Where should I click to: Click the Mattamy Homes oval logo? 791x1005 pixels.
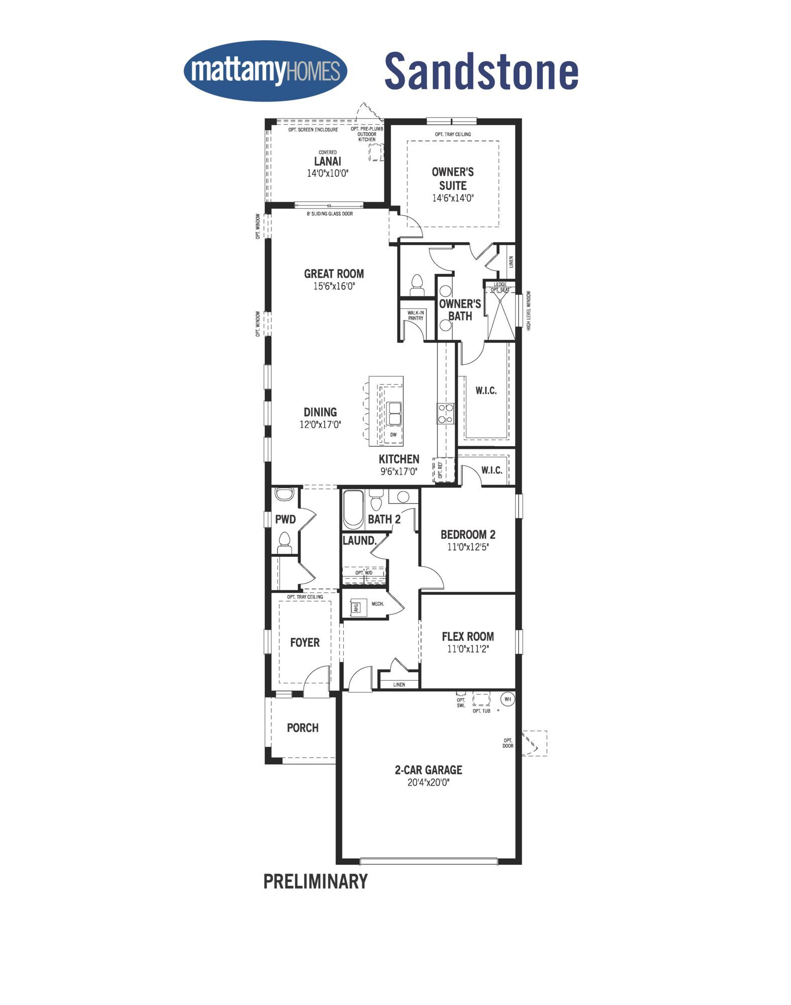(265, 71)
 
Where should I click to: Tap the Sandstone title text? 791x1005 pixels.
(481, 71)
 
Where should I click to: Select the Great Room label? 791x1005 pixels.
(334, 274)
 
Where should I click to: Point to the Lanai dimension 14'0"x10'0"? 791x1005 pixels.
(328, 173)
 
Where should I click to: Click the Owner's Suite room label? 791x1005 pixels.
(453, 178)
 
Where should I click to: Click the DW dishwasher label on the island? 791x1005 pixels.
(393, 435)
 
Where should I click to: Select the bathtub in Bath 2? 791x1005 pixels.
(354, 510)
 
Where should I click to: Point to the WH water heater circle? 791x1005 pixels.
(507, 699)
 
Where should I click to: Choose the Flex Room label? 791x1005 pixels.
(468, 637)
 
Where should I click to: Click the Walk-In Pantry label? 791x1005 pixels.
(416, 316)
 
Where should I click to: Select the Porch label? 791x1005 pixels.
(303, 728)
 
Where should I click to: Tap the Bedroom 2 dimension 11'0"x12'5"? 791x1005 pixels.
(468, 547)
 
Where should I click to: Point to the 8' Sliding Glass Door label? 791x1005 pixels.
(330, 214)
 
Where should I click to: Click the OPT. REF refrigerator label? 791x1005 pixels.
(440, 470)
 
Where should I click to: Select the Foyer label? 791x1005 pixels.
(305, 643)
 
